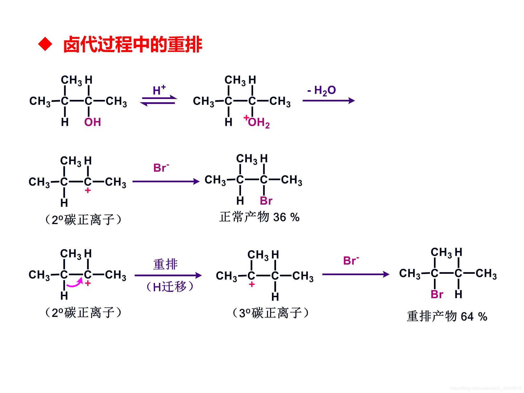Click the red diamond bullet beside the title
45,44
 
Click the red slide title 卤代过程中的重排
133,45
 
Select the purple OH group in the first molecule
92,122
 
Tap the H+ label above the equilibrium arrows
159,90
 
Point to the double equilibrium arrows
159,101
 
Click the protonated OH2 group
258,122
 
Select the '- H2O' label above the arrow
321,90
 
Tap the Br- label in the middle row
161,168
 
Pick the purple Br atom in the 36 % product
266,201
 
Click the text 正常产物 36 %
259,217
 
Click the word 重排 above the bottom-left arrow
165,264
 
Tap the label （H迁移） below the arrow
170,287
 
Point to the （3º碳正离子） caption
271,313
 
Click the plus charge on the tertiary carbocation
252,285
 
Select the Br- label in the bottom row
351,261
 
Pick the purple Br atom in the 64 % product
437,294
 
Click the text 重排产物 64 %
447,316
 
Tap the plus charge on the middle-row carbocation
88,191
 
